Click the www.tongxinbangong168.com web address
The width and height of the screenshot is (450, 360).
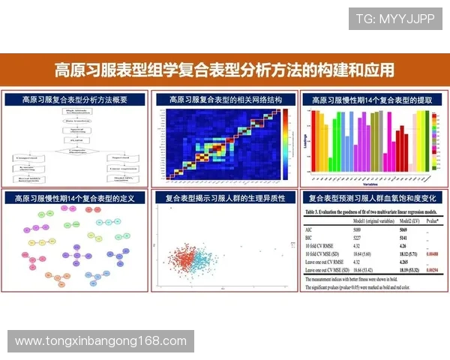click(100, 341)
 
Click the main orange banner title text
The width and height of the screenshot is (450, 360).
click(224, 70)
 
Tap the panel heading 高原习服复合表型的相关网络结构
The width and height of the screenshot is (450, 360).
click(224, 99)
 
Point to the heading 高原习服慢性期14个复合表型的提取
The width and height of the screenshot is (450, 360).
click(373, 99)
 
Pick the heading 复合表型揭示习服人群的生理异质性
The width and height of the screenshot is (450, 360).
click(224, 198)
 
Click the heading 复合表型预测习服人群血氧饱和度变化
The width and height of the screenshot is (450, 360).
click(373, 198)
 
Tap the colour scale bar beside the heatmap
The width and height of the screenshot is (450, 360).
click(161, 142)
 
